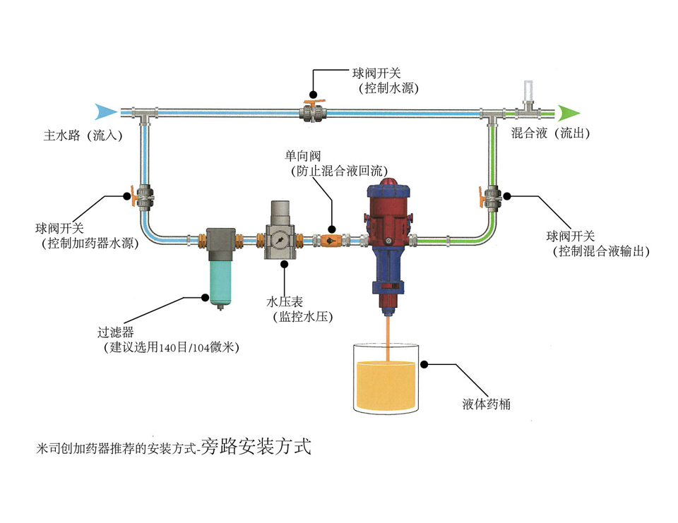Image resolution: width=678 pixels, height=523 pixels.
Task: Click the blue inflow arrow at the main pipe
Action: (105, 111)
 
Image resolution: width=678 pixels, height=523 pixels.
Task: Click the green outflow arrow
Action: (569, 112)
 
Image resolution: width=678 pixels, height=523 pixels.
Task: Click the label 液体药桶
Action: (487, 404)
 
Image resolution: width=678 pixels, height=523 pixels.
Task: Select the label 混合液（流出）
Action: (551, 133)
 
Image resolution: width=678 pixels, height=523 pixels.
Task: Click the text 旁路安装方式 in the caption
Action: (255, 446)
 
